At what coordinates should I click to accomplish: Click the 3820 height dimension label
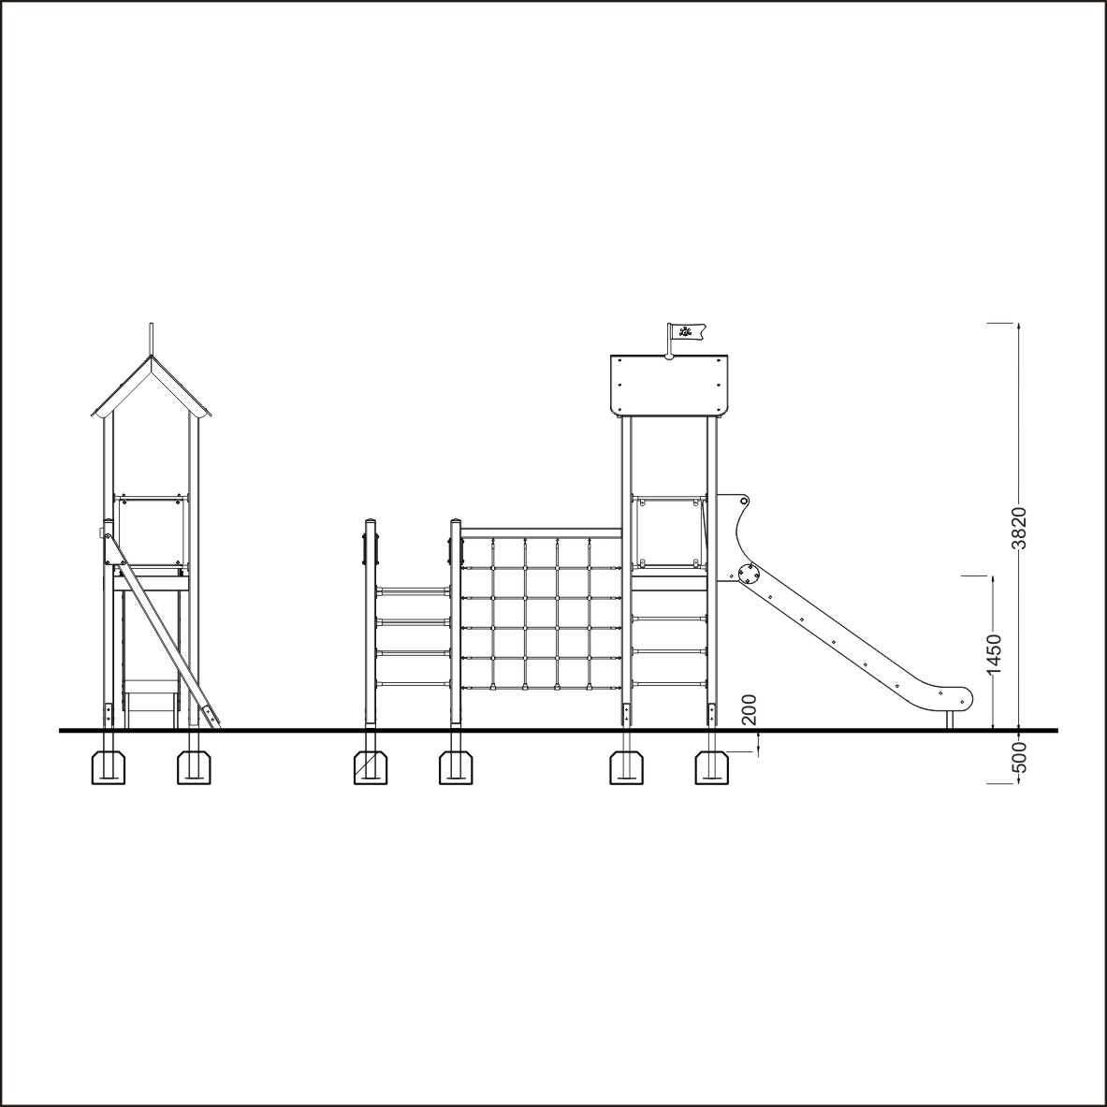[1019, 528]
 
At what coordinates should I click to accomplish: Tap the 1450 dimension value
[994, 654]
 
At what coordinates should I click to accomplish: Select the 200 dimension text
[749, 709]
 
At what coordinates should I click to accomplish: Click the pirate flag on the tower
[686, 331]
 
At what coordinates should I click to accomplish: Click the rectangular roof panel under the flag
[668, 385]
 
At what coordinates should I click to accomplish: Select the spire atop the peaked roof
[151, 340]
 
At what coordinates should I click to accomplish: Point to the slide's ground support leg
[950, 720]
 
